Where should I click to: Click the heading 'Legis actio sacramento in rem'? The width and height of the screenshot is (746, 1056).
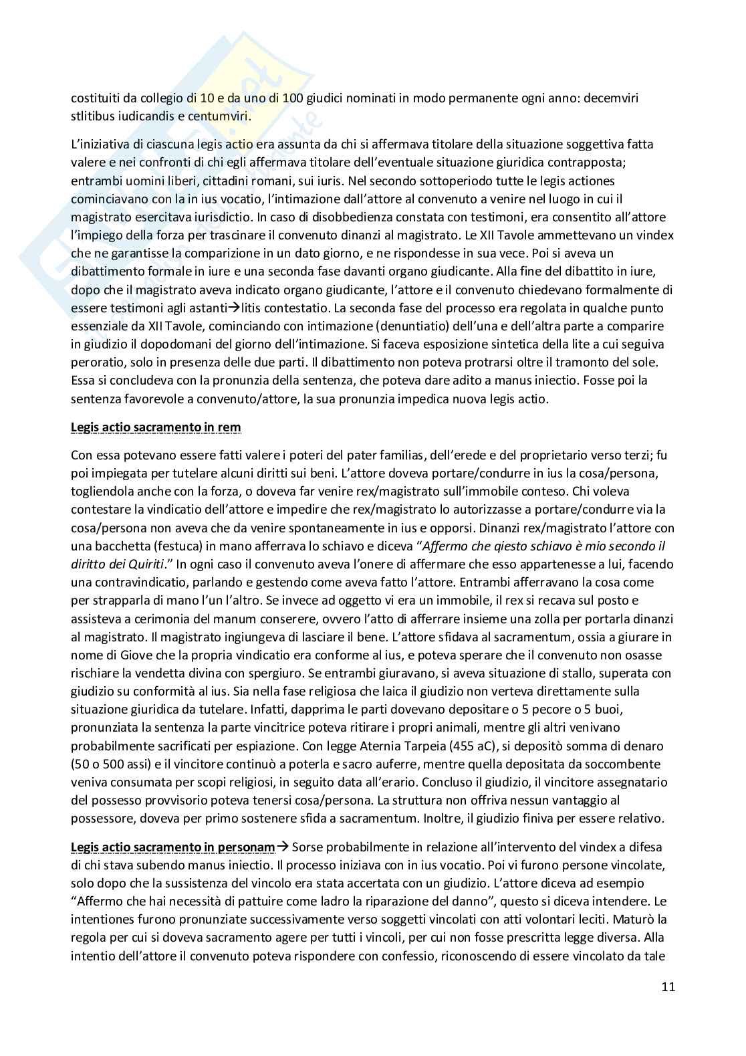point(156,427)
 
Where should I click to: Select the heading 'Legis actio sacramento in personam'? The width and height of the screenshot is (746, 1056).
point(172,847)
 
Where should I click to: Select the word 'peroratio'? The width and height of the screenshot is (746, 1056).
point(95,362)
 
